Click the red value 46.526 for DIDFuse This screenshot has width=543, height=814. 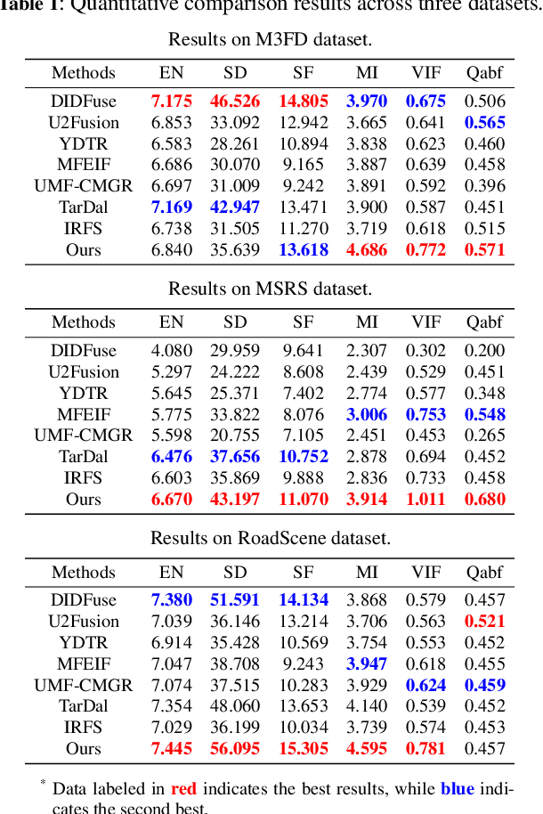235,102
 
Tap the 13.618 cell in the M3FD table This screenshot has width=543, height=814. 304,250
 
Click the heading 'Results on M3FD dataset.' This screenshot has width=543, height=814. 270,39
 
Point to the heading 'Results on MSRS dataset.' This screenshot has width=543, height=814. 270,289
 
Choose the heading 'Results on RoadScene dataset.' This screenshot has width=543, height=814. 270,538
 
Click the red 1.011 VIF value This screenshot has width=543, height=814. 425,500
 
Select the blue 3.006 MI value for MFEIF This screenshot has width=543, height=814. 367,414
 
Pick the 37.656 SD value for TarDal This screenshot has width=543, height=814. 235,457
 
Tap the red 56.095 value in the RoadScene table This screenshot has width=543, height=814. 235,749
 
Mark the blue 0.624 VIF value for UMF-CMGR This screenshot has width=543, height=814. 425,686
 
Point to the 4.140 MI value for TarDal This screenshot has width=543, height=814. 367,706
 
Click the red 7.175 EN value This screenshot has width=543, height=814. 171,102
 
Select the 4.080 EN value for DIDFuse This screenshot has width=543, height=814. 171,351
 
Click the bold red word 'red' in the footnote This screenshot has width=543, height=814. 183,789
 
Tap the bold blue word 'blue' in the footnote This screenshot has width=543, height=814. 457,789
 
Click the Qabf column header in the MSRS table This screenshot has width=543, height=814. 484,322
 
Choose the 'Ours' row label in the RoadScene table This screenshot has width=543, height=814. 84,749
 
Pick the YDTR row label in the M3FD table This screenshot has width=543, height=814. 84,144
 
